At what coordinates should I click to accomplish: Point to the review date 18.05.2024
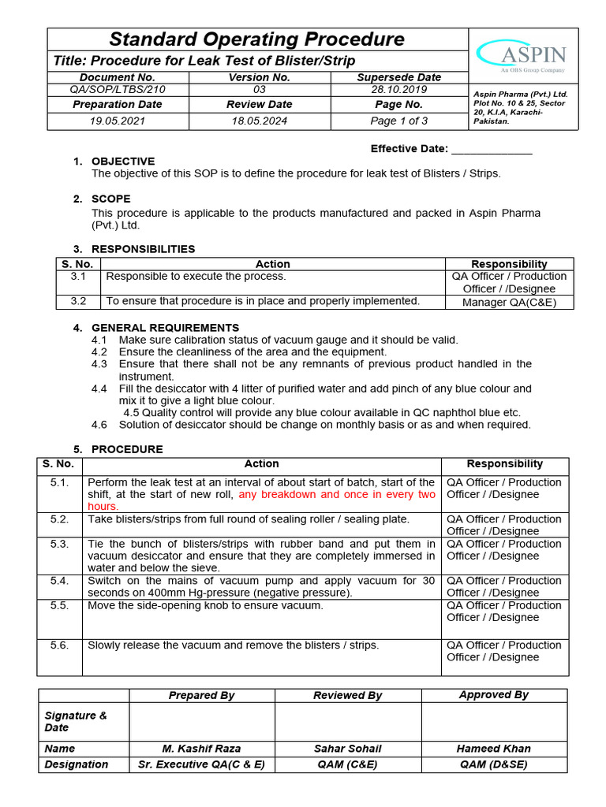point(260,121)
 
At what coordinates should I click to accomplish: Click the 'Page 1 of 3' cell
point(398,121)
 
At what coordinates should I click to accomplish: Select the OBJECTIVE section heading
point(123,162)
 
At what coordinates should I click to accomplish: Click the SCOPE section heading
point(111,199)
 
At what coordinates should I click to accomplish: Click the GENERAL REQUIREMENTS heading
point(166,328)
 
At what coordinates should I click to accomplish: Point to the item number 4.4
point(99,389)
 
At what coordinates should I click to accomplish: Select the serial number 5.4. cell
point(60,581)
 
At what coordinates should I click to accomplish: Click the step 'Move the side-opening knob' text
point(205,605)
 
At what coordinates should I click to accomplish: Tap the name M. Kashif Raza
point(201,749)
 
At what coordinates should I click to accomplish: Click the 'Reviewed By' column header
point(347,695)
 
